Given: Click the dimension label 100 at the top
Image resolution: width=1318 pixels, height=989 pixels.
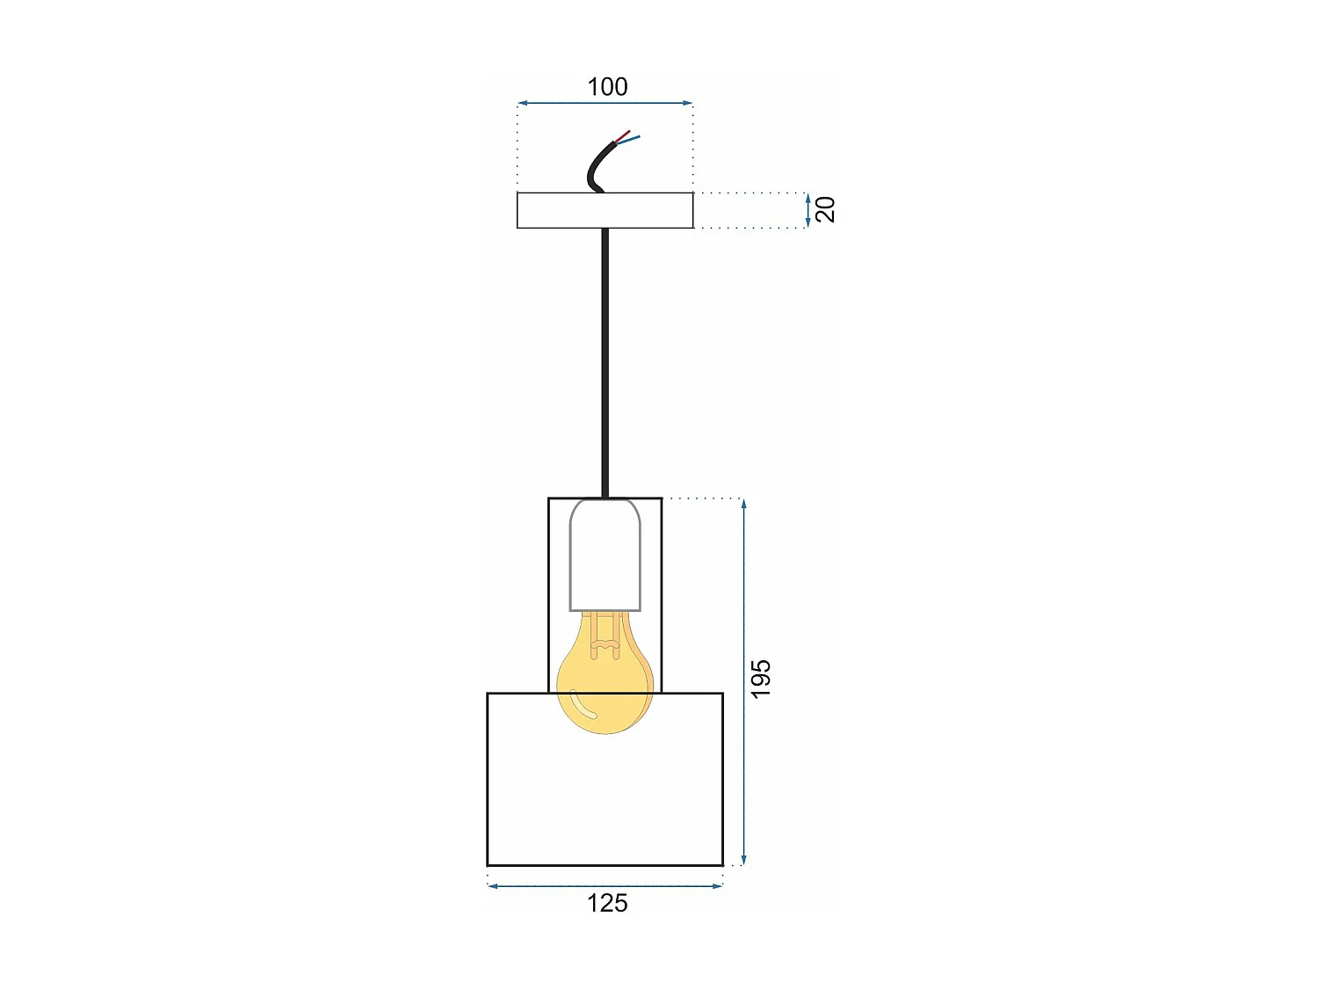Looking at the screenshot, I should point(607,87).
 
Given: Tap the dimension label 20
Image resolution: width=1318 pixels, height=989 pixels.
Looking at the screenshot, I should point(826,209).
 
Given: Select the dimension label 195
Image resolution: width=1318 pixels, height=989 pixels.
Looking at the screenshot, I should point(761,679).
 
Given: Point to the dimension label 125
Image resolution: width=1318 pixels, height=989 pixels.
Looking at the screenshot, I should point(607,904).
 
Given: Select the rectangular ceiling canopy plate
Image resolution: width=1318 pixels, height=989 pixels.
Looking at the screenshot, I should point(605,210).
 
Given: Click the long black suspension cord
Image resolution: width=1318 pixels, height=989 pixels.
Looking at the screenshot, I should point(605,360).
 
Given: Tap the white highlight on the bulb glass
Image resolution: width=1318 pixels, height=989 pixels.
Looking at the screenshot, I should point(583,705).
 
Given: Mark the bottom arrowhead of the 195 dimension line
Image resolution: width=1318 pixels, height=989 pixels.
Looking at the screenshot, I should point(744,861).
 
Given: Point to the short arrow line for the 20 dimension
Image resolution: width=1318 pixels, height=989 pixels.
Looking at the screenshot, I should point(807,210).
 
